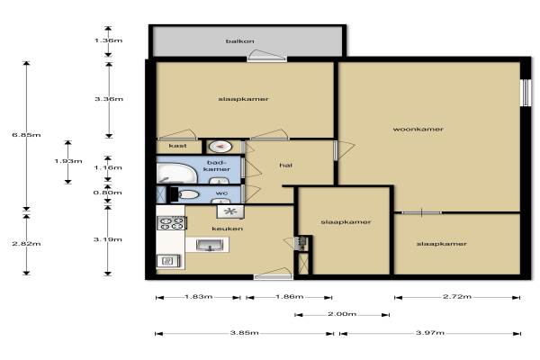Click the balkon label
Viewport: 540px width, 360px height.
(x=240, y=41)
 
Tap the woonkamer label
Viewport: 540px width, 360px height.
(x=418, y=130)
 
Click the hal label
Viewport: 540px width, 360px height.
(x=286, y=166)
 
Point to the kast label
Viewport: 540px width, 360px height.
(x=177, y=146)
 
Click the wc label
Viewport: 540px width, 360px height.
(x=221, y=193)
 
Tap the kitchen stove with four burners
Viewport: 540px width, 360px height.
(x=172, y=223)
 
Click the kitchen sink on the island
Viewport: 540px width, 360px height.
(x=210, y=245)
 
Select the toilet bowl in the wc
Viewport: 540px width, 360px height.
(x=185, y=194)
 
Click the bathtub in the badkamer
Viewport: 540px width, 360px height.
(x=176, y=174)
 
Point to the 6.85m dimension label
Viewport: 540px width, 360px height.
(x=26, y=135)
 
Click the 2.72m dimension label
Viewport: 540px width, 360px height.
(x=457, y=297)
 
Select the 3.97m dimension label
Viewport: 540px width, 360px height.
(x=430, y=333)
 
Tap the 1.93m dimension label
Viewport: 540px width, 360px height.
(x=68, y=161)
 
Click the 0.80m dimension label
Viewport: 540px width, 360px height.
(x=107, y=193)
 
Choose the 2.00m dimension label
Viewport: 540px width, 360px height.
(x=342, y=314)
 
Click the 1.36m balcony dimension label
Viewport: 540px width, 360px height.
(x=109, y=40)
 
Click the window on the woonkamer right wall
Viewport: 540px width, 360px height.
(x=526, y=93)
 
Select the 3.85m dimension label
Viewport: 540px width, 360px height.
(x=245, y=333)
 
